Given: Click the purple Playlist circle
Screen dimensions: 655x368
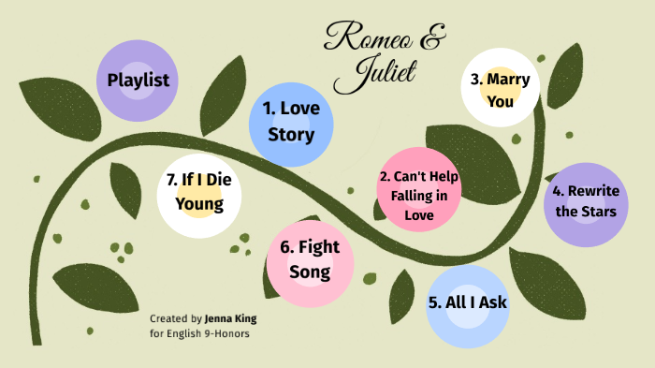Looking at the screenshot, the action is coord(138,81).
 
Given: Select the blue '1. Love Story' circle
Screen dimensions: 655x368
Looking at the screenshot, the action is coord(291,121).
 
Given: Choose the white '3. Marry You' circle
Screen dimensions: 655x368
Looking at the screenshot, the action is coord(500,90).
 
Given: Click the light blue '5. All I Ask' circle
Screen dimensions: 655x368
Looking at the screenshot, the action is coord(468,304).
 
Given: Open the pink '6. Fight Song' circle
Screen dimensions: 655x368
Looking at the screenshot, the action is coord(311,260).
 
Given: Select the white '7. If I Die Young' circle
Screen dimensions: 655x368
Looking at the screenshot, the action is coord(198,192).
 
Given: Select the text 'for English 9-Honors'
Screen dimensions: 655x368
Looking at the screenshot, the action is coord(200,333).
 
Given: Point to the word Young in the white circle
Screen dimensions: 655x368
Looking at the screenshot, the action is coord(198,203).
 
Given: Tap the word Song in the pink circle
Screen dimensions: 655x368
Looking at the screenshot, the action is coord(310,272).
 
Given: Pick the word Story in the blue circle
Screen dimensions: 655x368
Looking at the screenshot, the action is coord(291,134).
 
